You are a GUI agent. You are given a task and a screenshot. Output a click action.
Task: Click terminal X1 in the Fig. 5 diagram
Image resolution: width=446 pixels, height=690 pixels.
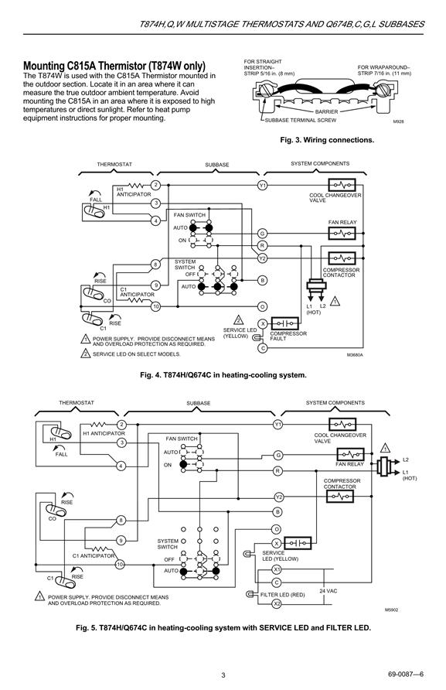click(x=277, y=569)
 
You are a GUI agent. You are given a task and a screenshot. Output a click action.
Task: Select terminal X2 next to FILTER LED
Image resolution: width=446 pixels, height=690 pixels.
click(x=277, y=603)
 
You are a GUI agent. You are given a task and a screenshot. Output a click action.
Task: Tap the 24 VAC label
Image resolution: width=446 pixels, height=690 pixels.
click(x=328, y=591)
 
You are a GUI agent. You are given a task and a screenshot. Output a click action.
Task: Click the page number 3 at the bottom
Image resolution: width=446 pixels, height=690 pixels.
click(x=223, y=675)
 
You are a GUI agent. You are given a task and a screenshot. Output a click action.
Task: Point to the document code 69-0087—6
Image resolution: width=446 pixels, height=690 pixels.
click(x=406, y=675)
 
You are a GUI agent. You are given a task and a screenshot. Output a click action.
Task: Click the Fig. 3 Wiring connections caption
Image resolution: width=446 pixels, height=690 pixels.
click(x=327, y=140)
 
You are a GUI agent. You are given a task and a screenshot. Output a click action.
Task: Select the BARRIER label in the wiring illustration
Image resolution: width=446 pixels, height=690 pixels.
click(x=326, y=111)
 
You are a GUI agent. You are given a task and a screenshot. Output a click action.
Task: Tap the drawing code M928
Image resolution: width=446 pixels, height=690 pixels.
click(x=398, y=121)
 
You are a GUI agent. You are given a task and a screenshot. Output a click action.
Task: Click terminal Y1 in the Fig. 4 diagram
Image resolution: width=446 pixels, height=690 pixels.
click(x=262, y=185)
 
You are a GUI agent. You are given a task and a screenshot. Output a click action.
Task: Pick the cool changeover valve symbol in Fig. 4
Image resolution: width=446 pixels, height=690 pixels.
click(x=342, y=185)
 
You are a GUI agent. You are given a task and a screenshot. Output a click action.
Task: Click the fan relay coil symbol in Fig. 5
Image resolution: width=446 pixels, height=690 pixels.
click(x=350, y=454)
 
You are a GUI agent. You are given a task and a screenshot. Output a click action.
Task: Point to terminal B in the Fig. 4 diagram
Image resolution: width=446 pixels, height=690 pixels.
click(x=262, y=280)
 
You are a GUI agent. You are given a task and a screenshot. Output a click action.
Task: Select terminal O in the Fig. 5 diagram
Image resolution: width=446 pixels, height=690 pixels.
click(x=277, y=529)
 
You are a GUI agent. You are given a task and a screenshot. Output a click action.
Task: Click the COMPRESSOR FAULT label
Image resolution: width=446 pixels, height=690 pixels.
click(x=288, y=336)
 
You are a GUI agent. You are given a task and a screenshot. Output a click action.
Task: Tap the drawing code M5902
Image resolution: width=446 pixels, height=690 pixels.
click(x=391, y=610)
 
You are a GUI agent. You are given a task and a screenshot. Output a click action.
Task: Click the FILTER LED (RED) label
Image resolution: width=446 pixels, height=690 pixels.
click(x=282, y=595)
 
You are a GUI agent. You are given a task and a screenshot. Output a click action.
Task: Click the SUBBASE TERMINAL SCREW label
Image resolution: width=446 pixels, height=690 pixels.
click(x=301, y=120)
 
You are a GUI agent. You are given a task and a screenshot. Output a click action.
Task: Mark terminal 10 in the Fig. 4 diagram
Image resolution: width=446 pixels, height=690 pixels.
click(x=155, y=307)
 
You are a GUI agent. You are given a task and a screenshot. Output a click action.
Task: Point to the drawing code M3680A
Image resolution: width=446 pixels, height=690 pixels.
click(x=355, y=355)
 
